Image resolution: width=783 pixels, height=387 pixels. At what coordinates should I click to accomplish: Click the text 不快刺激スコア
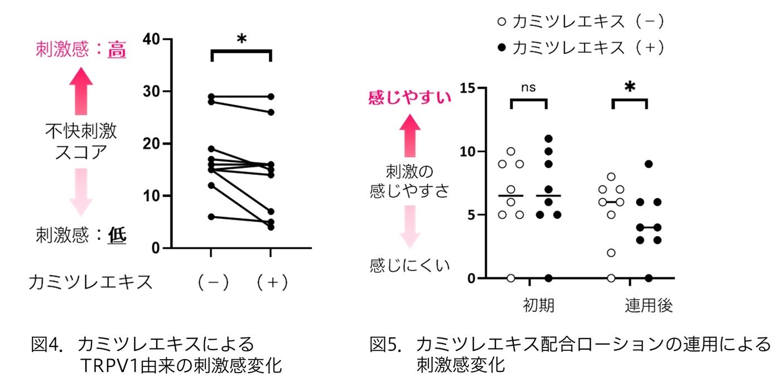pos(81,141)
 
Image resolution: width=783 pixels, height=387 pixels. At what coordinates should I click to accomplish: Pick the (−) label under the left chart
pos(212,282)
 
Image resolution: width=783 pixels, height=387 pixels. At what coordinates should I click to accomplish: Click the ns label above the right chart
pos(528,88)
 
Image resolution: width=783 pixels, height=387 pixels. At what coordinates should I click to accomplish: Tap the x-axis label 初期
pos(538,306)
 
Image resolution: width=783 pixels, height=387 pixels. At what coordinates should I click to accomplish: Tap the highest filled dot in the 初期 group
pos(548,139)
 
